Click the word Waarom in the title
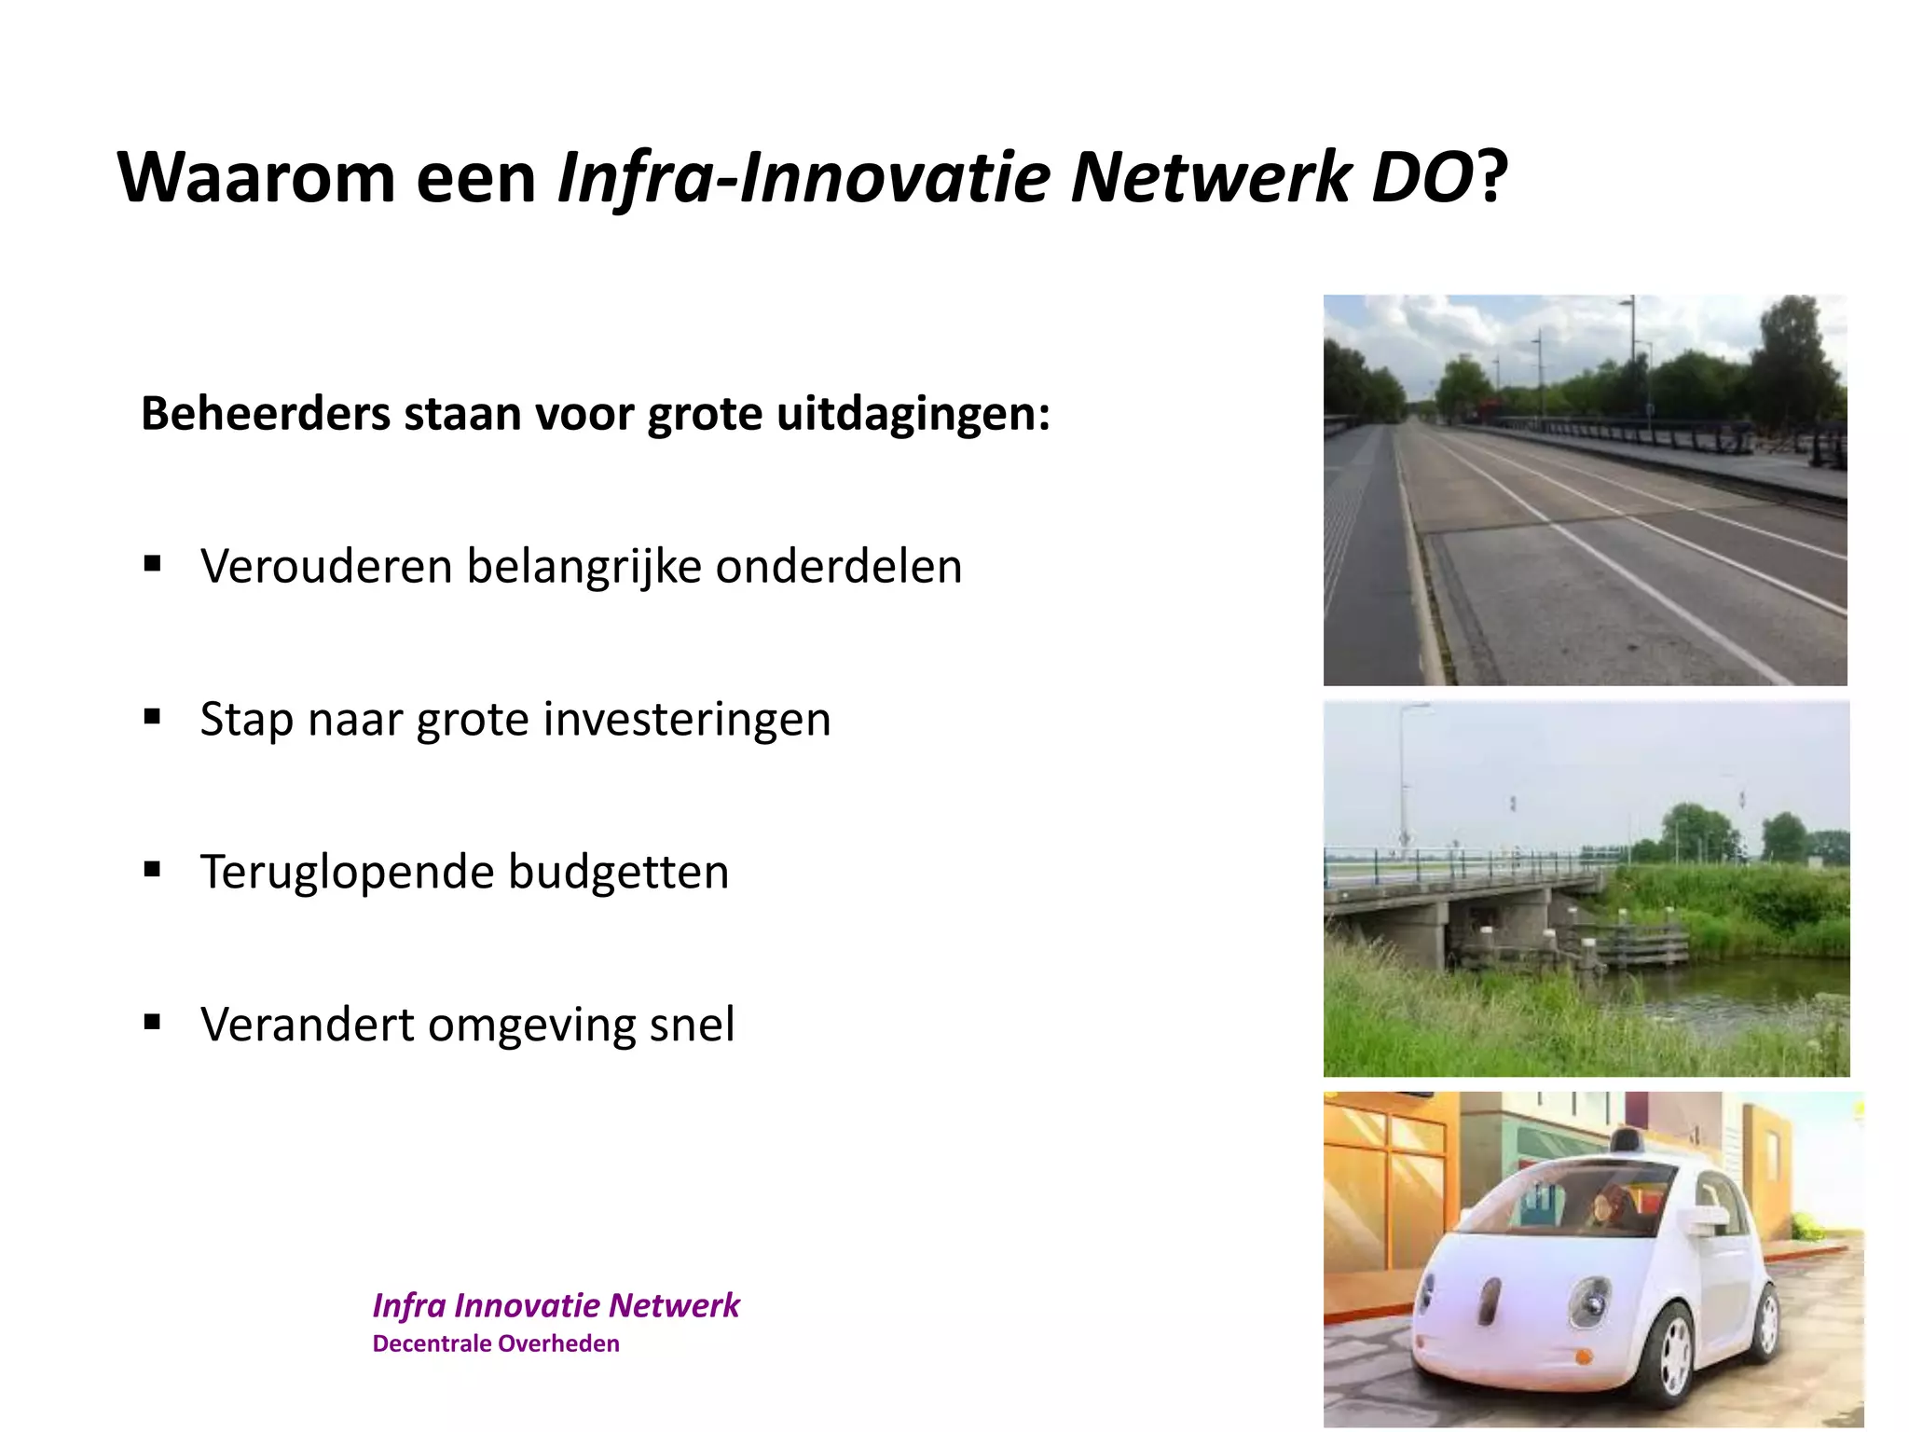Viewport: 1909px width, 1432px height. pyautogui.click(x=256, y=177)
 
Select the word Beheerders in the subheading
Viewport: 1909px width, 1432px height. pyautogui.click(x=265, y=413)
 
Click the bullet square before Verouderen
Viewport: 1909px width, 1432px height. pyautogui.click(x=153, y=563)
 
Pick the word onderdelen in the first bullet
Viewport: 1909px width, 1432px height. pyautogui.click(x=838, y=566)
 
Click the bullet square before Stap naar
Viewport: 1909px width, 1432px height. pyautogui.click(x=153, y=716)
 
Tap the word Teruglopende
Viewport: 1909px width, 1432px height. pyautogui.click(x=347, y=873)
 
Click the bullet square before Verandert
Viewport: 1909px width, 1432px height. pyautogui.click(x=153, y=1022)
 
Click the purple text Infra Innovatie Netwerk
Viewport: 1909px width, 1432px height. pyautogui.click(x=556, y=1305)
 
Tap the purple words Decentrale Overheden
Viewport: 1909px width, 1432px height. pyautogui.click(x=496, y=1343)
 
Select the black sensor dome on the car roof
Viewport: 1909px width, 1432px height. pyautogui.click(x=1625, y=1140)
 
